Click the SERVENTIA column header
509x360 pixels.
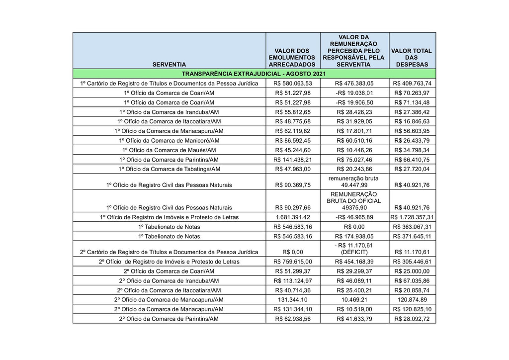(169, 65)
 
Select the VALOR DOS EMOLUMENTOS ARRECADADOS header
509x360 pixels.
(292, 58)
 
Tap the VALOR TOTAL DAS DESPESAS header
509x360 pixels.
(412, 58)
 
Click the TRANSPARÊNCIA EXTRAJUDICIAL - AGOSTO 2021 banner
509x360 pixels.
(254, 74)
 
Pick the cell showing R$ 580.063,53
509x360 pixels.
(292, 84)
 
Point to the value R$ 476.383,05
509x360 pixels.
(354, 84)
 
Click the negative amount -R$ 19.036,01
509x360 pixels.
(354, 93)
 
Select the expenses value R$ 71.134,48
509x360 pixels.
(412, 102)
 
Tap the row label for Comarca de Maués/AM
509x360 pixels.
(169, 150)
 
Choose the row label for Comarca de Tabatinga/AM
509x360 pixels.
(169, 169)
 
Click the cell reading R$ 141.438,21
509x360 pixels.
(292, 160)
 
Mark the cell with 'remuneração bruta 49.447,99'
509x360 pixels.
(354, 181)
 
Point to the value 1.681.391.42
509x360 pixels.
(292, 217)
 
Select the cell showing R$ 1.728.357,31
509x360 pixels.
(412, 217)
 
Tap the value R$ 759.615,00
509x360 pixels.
(292, 262)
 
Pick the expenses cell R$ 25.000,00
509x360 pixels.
(412, 271)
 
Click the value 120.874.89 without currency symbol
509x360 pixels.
(412, 300)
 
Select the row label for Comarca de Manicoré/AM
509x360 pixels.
(169, 141)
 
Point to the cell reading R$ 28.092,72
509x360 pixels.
(412, 319)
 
